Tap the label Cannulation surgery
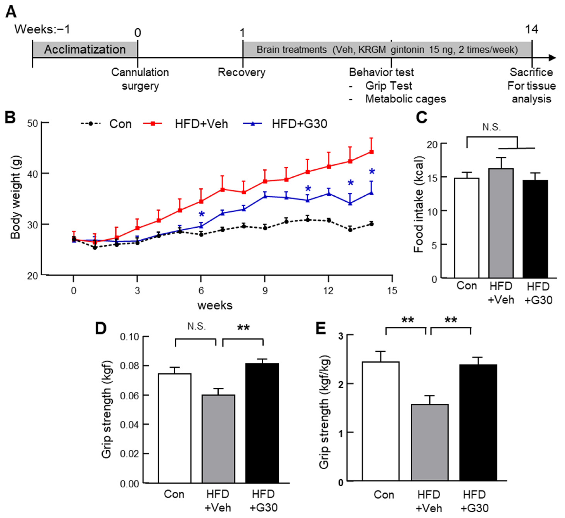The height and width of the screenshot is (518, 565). pyautogui.click(x=140, y=79)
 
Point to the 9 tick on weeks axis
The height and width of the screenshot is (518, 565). pyautogui.click(x=265, y=291)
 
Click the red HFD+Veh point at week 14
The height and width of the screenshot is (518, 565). pyautogui.click(x=371, y=152)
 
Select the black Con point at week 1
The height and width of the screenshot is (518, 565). pyautogui.click(x=95, y=248)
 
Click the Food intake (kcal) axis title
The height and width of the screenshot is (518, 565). pyautogui.click(x=419, y=204)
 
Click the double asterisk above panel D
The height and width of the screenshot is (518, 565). pyautogui.click(x=243, y=327)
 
